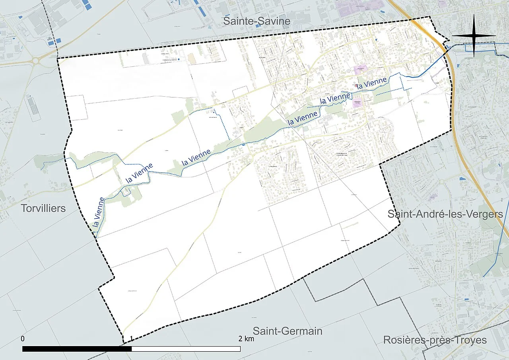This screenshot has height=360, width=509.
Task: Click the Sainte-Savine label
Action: click(256, 21)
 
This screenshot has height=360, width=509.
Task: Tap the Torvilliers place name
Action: click(44, 208)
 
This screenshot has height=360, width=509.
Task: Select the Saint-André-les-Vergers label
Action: click(445, 214)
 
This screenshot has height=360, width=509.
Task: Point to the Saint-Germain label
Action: click(288, 331)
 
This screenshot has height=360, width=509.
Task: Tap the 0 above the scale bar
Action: click(23, 339)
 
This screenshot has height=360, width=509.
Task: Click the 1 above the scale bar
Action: click(132, 339)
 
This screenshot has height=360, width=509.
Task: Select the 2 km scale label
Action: click(246, 339)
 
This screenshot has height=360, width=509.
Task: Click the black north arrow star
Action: click(474, 36)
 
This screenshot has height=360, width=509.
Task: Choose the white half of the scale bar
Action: click(186, 349)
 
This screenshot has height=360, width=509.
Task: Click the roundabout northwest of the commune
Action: click(37, 61)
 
